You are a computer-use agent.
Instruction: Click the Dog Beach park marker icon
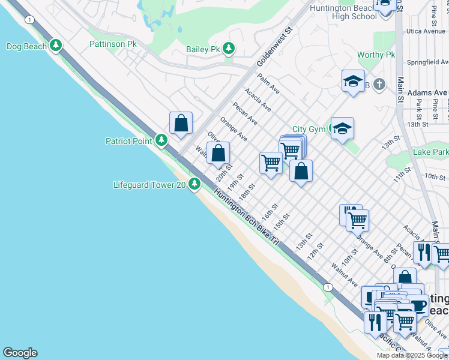tap(56, 46)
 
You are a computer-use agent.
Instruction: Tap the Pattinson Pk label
tap(113, 44)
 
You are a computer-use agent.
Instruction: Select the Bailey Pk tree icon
tap(229, 48)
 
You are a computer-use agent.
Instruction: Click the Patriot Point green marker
tap(161, 140)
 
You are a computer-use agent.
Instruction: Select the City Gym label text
tap(309, 129)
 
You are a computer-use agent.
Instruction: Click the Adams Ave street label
tap(427, 93)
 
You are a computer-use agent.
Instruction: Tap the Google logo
tap(20, 353)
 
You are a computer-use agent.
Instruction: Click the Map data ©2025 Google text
tap(412, 355)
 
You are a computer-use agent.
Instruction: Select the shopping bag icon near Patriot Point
tap(181, 124)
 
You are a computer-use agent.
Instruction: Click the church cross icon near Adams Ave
tap(379, 85)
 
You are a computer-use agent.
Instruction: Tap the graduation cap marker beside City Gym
tap(342, 128)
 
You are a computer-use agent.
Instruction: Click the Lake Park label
tap(430, 152)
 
